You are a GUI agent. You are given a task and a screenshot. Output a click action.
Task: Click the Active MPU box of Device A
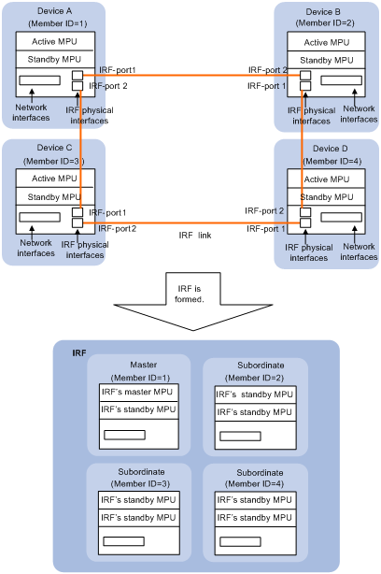coord(55,41)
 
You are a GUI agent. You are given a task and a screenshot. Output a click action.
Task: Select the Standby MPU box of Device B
coord(326,60)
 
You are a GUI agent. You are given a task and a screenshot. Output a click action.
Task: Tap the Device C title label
coord(54,148)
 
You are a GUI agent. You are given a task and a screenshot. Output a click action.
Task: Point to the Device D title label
coord(331,149)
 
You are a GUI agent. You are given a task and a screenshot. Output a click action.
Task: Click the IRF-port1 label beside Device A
coord(117,70)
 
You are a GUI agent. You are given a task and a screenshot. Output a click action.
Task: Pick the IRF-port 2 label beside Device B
coord(268,70)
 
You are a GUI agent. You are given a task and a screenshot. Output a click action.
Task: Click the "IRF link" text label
coord(195,235)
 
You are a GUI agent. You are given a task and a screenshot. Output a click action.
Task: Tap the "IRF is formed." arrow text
coord(189,294)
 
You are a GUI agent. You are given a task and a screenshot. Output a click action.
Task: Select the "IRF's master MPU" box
coord(138,392)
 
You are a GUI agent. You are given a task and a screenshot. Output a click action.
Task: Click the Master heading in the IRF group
coord(143,365)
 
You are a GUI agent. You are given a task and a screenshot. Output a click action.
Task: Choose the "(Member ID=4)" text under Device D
coord(332,161)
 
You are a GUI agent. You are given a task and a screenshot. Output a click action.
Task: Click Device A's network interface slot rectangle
coord(39,80)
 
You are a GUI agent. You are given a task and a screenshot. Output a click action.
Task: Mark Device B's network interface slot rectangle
coord(341,80)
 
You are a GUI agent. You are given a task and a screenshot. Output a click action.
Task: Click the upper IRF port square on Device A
coord(78,76)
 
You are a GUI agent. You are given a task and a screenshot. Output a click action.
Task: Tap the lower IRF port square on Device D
coord(305,222)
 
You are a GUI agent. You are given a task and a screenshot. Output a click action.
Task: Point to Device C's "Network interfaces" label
coord(35,248)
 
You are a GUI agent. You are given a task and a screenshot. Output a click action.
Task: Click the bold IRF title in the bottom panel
coord(79,352)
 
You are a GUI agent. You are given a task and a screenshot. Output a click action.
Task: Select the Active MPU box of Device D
coord(326,179)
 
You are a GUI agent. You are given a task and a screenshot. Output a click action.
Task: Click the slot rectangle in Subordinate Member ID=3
coord(123,541)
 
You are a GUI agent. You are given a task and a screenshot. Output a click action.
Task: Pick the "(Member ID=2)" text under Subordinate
coord(255,378)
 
